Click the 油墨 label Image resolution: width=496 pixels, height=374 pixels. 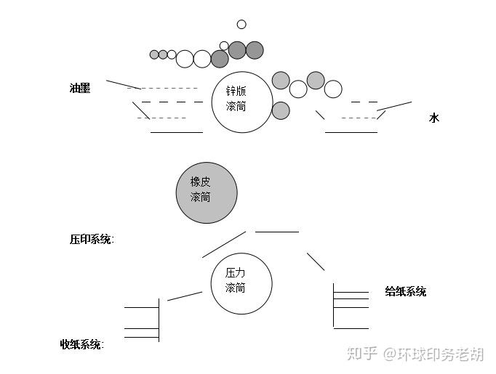(80, 89)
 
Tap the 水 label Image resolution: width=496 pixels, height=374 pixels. (434, 118)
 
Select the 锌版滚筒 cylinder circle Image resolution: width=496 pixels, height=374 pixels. (242, 102)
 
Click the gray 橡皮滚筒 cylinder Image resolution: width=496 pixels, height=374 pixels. (207, 192)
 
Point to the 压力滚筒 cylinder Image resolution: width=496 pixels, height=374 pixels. (241, 283)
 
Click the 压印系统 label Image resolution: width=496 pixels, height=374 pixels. (92, 239)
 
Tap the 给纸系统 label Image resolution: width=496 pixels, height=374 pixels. (405, 292)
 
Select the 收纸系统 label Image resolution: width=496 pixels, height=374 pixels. (81, 344)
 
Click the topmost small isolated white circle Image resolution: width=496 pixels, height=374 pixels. (241, 25)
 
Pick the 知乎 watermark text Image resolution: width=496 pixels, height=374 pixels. (361, 354)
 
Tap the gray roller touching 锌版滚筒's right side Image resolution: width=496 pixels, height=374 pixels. (281, 110)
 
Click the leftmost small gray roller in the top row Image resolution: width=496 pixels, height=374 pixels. (154, 54)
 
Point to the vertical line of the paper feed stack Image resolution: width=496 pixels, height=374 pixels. (334, 305)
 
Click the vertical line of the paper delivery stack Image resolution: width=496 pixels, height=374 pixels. (159, 320)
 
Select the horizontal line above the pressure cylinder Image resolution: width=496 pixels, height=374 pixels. (276, 232)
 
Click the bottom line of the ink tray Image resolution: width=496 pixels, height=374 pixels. (176, 132)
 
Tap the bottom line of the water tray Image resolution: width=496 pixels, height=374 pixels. (351, 132)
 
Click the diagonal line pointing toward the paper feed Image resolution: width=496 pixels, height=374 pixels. (316, 261)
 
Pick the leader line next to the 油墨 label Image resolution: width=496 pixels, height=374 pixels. (122, 84)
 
